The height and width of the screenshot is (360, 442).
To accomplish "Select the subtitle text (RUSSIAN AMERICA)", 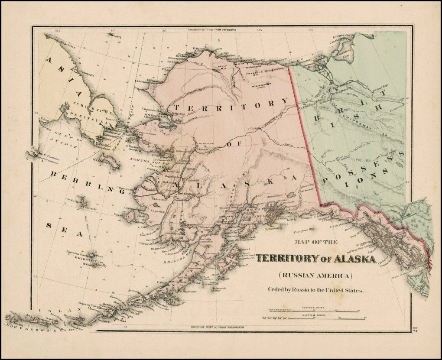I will pyautogui.click(x=315, y=275).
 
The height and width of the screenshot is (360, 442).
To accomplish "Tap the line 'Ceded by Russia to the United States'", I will pyautogui.click(x=315, y=290).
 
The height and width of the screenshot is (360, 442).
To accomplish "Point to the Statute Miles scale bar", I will pyautogui.click(x=314, y=311).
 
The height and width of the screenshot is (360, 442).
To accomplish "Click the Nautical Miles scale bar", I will pyautogui.click(x=314, y=318).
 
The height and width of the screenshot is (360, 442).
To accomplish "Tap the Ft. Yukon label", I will pyautogui.click(x=256, y=128).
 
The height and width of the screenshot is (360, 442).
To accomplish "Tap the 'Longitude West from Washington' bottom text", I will pyautogui.click(x=217, y=326).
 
